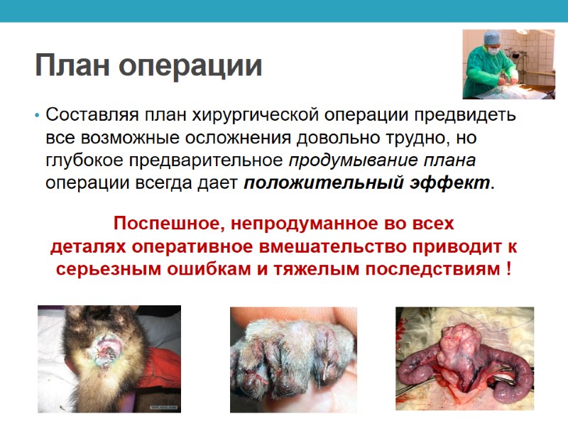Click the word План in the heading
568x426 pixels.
[72, 66]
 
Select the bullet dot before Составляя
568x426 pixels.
[36, 115]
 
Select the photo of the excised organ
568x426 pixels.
[464, 359]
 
